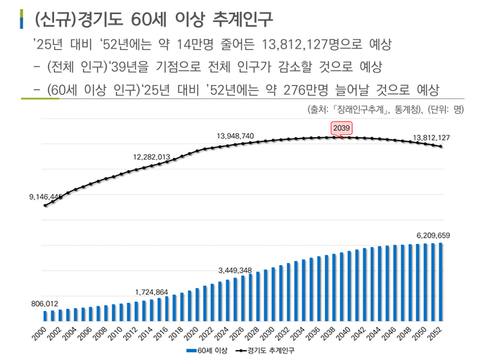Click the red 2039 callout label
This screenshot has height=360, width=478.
click(x=342, y=128)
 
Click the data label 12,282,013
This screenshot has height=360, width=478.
click(x=152, y=156)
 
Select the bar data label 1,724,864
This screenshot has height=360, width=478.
click(x=152, y=291)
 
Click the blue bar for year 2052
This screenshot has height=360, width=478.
click(x=441, y=281)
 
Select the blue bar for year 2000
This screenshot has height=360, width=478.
click(x=45, y=315)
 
